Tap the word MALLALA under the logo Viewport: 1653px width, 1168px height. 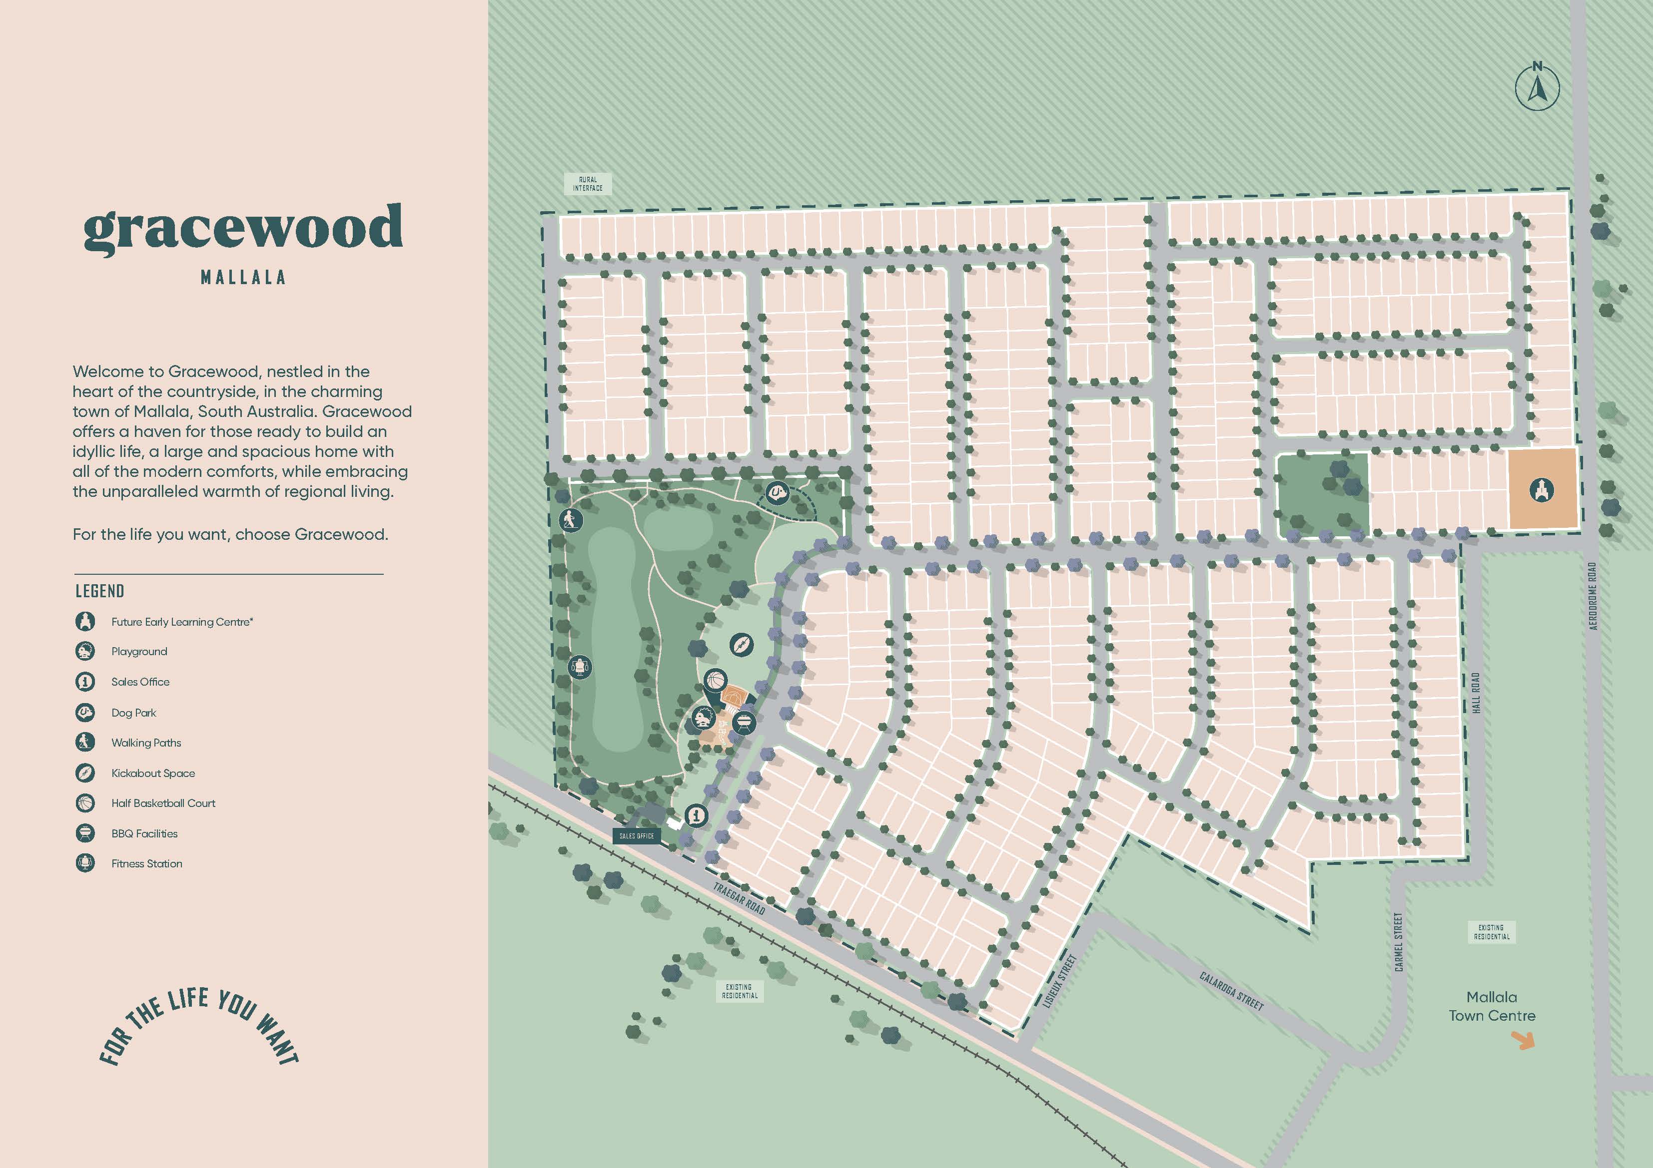tap(243, 277)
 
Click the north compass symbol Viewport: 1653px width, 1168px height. tap(1537, 88)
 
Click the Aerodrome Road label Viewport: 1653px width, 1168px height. tap(1593, 596)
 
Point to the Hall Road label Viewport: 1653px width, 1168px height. tap(1476, 694)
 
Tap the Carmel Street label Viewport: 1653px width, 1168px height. tap(1399, 942)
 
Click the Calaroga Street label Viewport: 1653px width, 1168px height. tap(1231, 990)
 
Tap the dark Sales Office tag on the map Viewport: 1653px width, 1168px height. tap(637, 835)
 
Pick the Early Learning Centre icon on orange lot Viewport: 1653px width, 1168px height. tap(1542, 490)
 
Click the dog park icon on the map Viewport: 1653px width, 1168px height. tap(778, 493)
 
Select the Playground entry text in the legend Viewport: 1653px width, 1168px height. tap(139, 651)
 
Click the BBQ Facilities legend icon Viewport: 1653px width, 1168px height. tap(85, 833)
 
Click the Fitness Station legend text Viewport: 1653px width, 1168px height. tap(147, 863)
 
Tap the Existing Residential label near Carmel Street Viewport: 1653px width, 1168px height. tap(1491, 932)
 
